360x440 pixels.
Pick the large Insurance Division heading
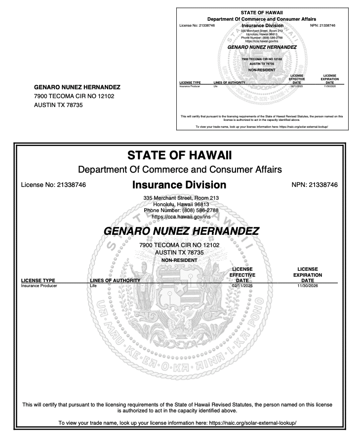click(x=180, y=185)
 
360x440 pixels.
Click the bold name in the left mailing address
click(x=78, y=87)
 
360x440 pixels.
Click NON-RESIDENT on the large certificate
click(x=179, y=260)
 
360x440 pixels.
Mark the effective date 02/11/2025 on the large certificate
click(x=242, y=285)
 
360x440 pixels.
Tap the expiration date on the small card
click(x=329, y=86)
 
